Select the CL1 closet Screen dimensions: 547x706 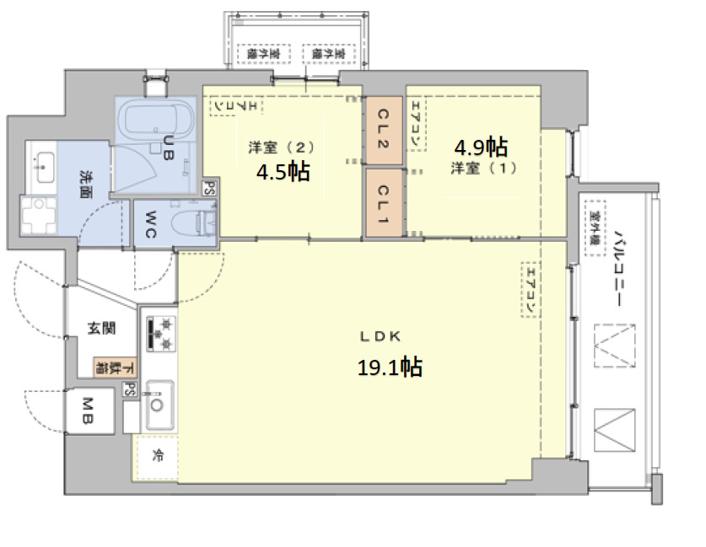coord(383,202)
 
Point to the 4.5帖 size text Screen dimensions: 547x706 coord(283,171)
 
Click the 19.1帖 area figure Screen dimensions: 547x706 coord(390,367)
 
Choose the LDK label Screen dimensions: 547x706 coord(380,336)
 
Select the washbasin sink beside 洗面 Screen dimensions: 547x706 coord(41,163)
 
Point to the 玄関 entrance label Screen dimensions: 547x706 coord(101,329)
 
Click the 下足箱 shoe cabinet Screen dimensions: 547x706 coord(113,367)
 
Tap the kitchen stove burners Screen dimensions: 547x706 coord(160,333)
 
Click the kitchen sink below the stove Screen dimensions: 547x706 coord(158,404)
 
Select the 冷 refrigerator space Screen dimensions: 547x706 coord(158,456)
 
